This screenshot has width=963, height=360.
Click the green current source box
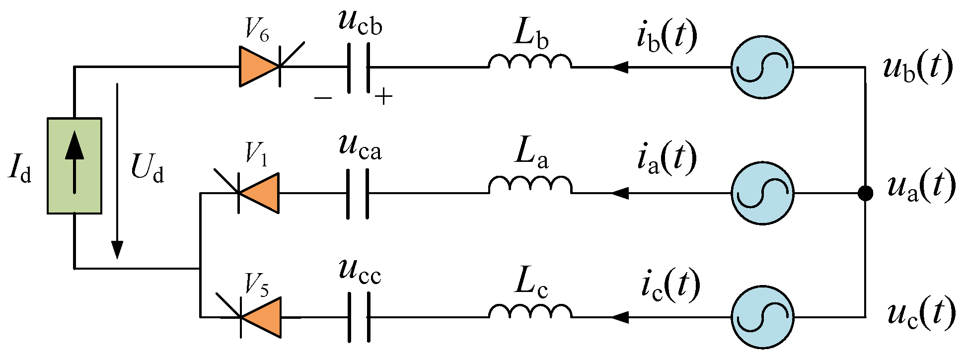click(74, 166)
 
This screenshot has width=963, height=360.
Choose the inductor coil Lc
click(530, 311)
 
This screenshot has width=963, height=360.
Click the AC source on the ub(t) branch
click(762, 67)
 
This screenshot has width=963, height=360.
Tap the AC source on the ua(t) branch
click(762, 193)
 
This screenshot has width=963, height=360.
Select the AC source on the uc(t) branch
click(762, 317)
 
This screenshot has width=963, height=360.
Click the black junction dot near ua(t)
click(865, 193)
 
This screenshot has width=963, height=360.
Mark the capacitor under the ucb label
click(358, 68)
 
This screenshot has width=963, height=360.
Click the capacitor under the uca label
click(358, 194)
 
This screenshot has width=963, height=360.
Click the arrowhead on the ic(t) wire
click(619, 317)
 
